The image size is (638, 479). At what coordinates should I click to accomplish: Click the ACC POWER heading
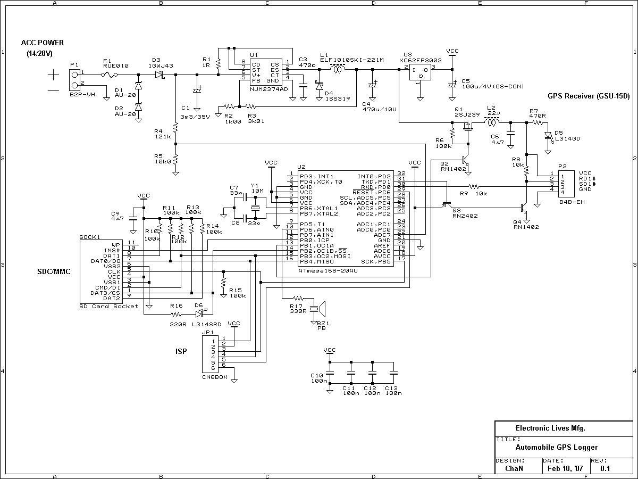(43, 43)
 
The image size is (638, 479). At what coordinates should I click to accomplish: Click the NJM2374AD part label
(268, 89)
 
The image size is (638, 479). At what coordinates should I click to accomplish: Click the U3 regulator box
(419, 73)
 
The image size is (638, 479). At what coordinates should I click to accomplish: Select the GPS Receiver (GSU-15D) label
(589, 96)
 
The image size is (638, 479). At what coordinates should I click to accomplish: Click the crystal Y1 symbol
(255, 208)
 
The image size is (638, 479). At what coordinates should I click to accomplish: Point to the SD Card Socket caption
(108, 306)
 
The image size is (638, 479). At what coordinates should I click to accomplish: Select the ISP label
(181, 351)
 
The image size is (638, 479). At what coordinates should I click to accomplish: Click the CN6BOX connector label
(215, 376)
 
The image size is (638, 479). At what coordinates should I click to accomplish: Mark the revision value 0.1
(605, 469)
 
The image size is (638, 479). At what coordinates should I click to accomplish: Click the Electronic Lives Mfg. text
(551, 428)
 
